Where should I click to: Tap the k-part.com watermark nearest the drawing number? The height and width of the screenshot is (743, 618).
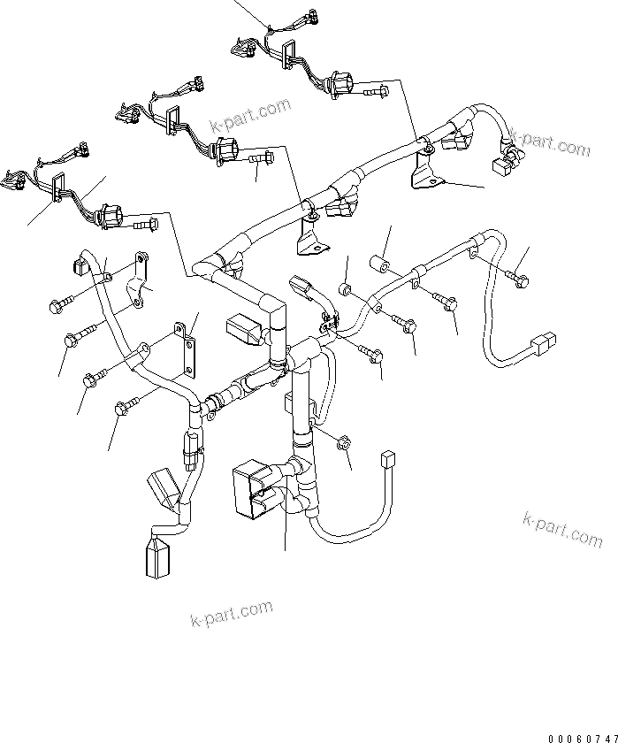coord(561,529)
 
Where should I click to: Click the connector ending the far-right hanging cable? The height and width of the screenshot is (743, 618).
coord(542,342)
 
